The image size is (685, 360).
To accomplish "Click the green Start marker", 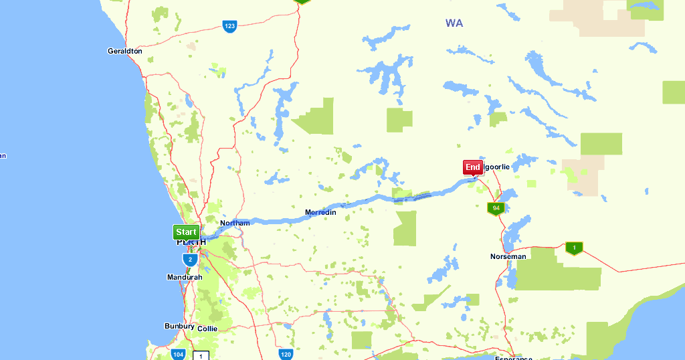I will pos(186,232).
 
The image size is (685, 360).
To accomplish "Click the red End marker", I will pos(473,167).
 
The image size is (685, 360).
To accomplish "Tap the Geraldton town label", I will pos(124,51).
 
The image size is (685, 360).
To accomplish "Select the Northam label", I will pos(235,223).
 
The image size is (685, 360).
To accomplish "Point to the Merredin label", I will pos(320,213).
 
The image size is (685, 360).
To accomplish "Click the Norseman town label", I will pos(508,256).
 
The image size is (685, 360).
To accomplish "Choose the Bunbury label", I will pos(179,327).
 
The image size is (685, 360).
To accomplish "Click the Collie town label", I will pos(207,329).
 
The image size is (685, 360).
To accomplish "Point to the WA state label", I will pos(454,23).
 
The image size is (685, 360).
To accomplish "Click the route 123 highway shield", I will pos(229,26).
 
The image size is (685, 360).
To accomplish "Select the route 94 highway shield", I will pos(496,208).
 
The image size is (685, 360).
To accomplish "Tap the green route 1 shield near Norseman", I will pos(574,248).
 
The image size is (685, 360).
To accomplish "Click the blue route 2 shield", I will pos(190,259).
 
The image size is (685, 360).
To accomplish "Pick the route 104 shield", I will pos(178,354).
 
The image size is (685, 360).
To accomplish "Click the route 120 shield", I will pos(286,354).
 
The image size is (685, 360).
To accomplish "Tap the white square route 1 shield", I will pos(201,355).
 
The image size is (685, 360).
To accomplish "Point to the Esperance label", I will pos(514,358).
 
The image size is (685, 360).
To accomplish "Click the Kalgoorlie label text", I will pos(496,167).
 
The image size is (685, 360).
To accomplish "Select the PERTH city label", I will pos(187,242).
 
